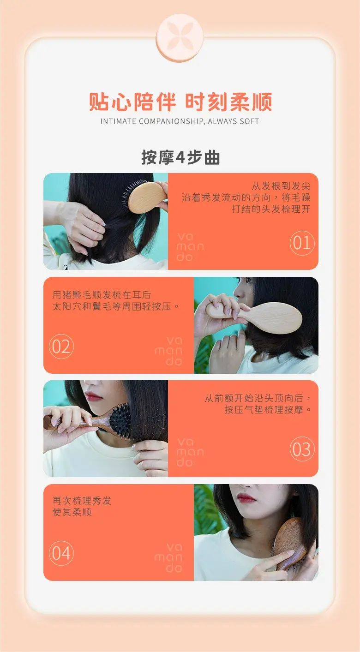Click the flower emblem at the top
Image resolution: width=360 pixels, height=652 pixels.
180,37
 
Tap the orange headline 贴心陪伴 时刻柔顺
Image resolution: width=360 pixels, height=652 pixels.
180,102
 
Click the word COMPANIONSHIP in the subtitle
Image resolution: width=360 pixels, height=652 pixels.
172,121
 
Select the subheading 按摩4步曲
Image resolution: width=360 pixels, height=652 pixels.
180,157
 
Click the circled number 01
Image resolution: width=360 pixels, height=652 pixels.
302,243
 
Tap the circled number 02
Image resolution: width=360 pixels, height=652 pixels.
61,347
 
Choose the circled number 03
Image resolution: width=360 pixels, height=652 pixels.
302,449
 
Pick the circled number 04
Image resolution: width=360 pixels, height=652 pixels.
61,553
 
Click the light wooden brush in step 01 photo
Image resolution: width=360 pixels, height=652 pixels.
146,197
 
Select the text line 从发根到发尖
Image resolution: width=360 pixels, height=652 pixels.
281,185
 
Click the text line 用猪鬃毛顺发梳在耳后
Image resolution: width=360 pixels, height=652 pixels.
102,295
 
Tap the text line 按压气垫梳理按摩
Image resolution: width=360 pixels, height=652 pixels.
264,410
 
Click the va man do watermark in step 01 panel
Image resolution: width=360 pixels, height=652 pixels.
190,247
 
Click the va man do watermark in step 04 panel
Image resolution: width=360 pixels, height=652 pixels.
168,558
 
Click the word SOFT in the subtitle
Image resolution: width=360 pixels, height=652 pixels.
249,121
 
